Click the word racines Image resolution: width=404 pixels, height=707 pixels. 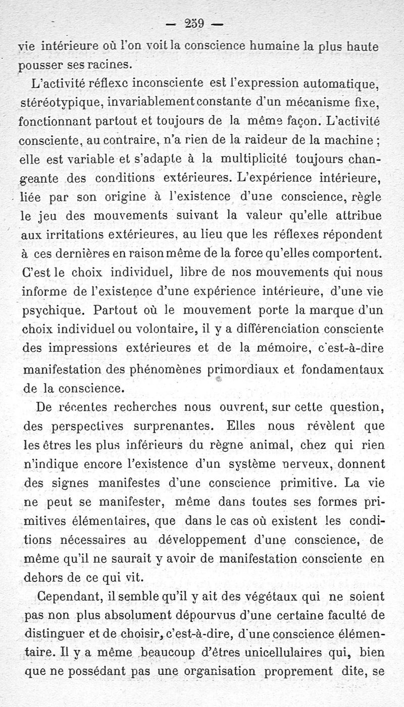(x=112, y=65)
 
